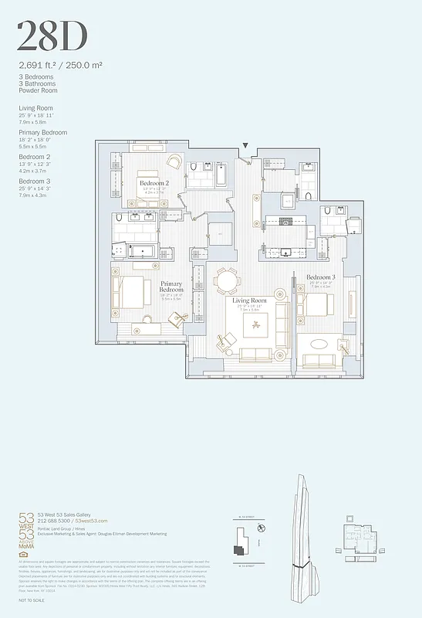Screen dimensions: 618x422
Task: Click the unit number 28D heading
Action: (x=52, y=36)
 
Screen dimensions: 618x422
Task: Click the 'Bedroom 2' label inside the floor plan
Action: (x=154, y=183)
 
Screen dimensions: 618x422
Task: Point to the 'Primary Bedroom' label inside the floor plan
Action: (x=171, y=287)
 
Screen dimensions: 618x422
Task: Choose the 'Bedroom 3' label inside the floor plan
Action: (x=320, y=277)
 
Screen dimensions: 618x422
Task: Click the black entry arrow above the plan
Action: (x=245, y=145)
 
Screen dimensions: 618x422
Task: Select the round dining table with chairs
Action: (x=228, y=280)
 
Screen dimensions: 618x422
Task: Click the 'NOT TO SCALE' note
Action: (x=32, y=599)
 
